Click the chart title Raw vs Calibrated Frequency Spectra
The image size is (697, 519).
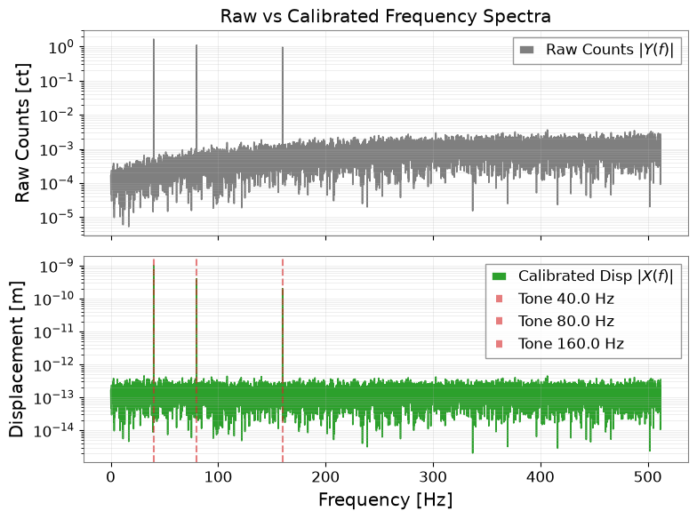(386, 16)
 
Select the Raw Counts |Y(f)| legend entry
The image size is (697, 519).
(597, 50)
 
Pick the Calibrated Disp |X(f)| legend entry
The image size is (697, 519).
(583, 276)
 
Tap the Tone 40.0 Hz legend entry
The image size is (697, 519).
(555, 299)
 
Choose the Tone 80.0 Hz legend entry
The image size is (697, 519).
(555, 322)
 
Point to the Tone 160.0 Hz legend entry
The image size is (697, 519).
(560, 344)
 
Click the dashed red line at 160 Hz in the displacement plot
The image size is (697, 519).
(283, 360)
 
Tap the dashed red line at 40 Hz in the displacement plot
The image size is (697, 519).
(154, 360)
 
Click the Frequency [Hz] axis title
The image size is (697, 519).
(386, 499)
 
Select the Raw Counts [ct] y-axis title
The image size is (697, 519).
(22, 133)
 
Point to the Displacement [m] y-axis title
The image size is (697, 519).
(16, 359)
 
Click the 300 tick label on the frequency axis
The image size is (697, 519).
(434, 477)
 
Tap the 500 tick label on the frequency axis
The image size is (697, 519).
(649, 477)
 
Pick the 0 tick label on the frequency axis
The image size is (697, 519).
(111, 477)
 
